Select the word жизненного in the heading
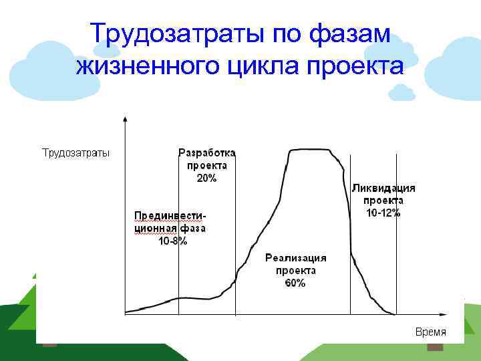click(148, 66)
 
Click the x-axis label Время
click(431, 332)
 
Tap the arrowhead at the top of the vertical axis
click(125, 117)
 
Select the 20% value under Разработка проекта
click(206, 178)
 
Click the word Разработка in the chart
click(206, 153)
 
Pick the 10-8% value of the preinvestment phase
click(172, 241)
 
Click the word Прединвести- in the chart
click(170, 215)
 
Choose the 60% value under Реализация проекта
click(295, 283)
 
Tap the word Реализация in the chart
click(295, 257)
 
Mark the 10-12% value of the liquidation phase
click(383, 213)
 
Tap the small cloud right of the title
click(402, 93)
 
